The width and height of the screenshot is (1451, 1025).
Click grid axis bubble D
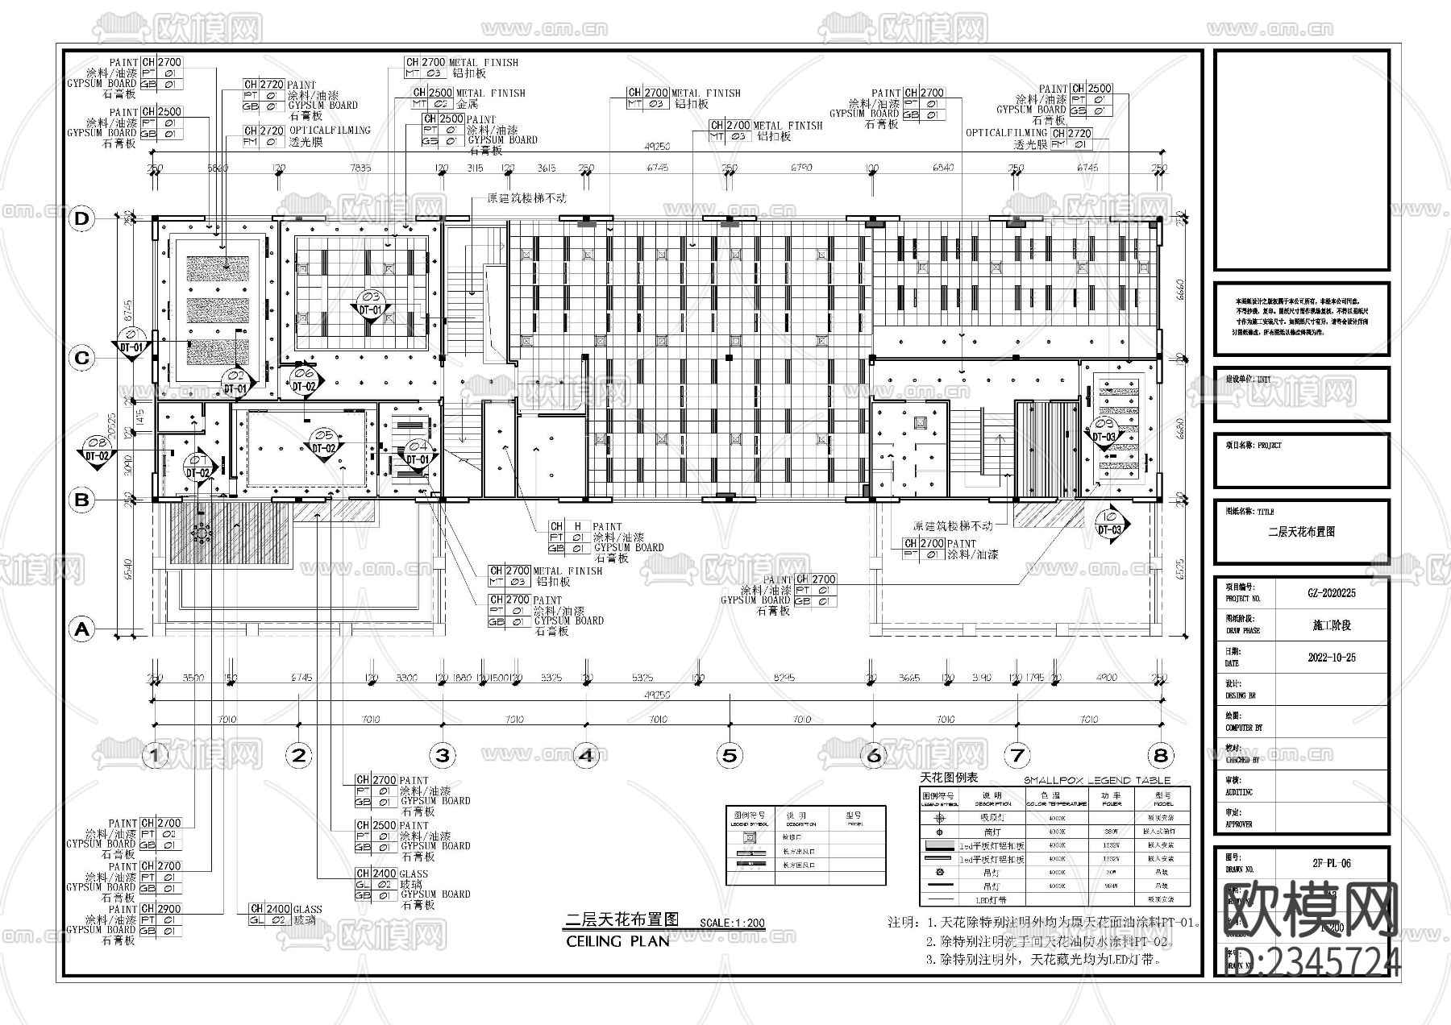(81, 219)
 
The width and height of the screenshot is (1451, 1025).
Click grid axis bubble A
(81, 629)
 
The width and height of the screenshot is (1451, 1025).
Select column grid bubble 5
(730, 755)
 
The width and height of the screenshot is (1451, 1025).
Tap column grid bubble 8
(1160, 755)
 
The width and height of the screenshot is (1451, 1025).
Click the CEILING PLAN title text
(617, 940)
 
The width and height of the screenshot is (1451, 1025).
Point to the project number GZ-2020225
(1332, 593)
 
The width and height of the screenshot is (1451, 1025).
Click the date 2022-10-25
(1332, 658)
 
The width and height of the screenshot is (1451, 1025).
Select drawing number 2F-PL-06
(1332, 863)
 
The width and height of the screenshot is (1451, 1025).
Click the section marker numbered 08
(96, 449)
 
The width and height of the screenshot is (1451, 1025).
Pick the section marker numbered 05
(323, 442)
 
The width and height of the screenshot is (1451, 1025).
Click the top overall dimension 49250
(657, 147)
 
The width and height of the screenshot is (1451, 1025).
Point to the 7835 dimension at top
(360, 168)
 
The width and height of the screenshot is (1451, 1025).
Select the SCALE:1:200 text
(732, 923)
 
